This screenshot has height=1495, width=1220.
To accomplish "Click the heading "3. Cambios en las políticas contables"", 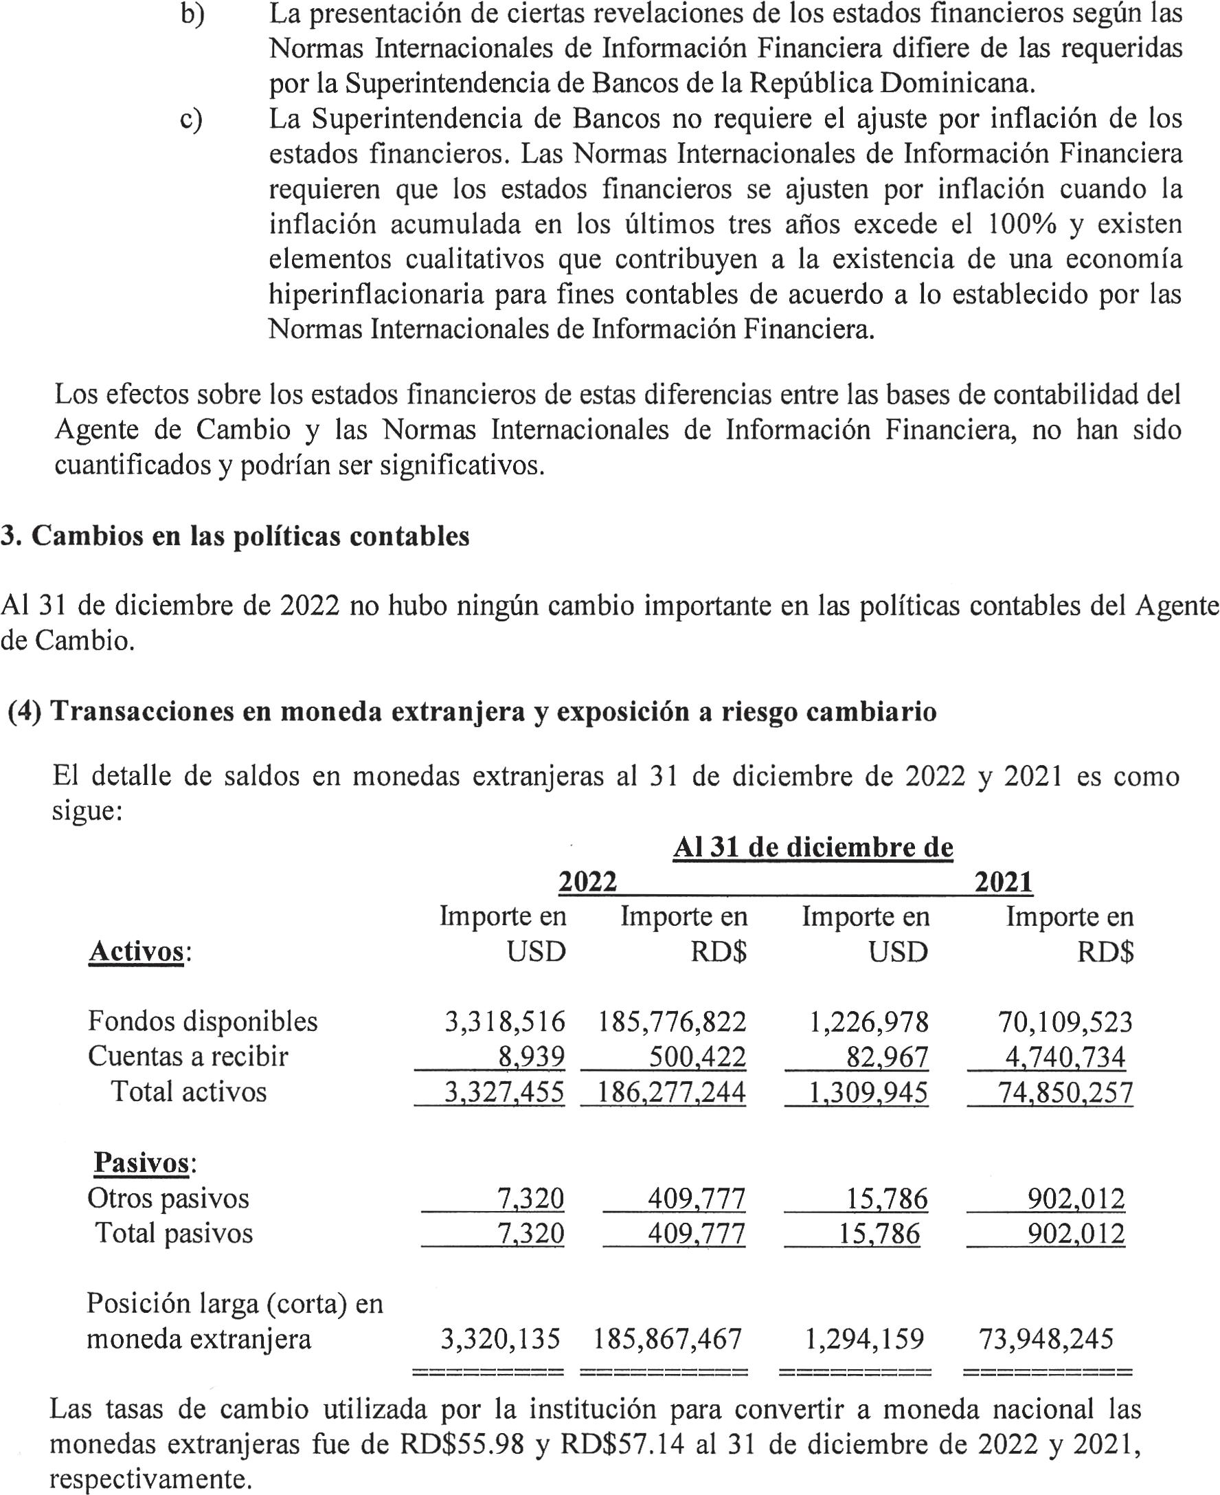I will point(236,536).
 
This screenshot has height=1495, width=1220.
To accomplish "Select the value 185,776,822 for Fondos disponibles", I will point(671,1021).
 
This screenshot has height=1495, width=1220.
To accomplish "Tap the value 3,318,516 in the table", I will point(505,1021).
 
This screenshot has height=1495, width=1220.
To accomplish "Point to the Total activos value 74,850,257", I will point(1065,1092).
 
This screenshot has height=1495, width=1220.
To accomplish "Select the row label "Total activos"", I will point(189,1092).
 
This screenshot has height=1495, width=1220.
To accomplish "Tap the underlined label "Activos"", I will point(136,951).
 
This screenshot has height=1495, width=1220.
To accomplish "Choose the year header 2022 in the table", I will point(587,882).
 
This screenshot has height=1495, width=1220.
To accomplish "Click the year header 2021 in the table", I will point(1003,882).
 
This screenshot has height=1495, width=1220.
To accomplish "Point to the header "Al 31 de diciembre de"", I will point(813,848).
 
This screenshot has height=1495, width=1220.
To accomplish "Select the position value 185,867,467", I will point(668,1339).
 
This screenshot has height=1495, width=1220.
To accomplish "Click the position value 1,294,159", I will point(864,1339).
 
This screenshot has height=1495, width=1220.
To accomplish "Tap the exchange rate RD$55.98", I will point(462,1444).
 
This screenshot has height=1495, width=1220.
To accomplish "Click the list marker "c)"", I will point(191,119).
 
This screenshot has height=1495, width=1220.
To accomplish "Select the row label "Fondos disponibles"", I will point(203,1021).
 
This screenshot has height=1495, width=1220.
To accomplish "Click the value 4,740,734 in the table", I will point(1065,1057).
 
